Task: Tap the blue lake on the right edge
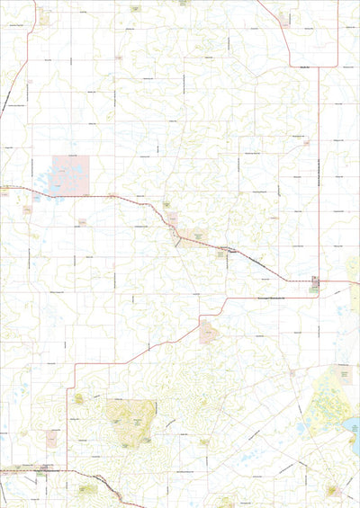point(355,436)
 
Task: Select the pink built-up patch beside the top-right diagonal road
point(283,18)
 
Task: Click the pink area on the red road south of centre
point(209,332)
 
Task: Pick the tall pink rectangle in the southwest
point(51,439)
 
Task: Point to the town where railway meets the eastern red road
point(314,283)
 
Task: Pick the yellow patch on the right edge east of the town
point(354,270)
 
